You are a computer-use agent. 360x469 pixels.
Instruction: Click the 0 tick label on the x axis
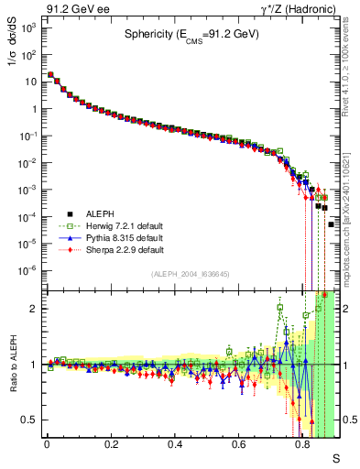(47, 443)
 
